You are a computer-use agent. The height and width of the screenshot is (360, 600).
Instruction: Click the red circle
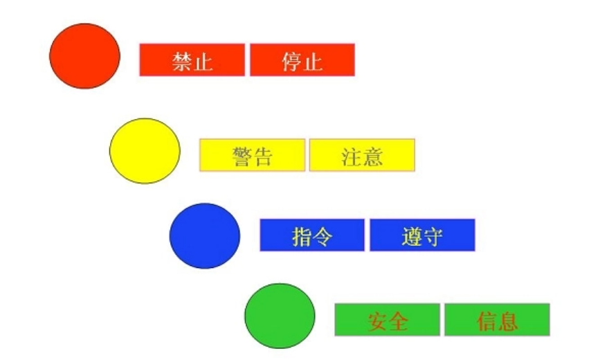(84, 56)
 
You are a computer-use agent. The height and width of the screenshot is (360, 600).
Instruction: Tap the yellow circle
(145, 151)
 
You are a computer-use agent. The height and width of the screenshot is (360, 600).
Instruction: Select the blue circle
(205, 235)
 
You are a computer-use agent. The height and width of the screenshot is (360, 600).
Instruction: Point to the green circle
(280, 316)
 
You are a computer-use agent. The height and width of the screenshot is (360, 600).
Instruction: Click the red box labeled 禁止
(192, 60)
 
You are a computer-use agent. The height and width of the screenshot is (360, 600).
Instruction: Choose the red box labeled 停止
(302, 60)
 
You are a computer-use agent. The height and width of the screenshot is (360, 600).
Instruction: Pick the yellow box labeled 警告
(252, 155)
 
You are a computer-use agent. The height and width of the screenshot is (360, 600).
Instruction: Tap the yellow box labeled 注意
(362, 155)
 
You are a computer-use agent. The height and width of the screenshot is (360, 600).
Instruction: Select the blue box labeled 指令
(312, 235)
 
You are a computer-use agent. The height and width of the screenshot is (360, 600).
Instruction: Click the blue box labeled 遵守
(422, 235)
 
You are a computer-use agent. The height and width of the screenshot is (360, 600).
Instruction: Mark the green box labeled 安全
(387, 320)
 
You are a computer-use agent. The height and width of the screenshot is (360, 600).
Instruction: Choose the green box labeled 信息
(497, 320)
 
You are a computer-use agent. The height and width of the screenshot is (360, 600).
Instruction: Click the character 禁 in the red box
(182, 61)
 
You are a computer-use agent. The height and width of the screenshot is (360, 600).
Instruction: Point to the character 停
(292, 61)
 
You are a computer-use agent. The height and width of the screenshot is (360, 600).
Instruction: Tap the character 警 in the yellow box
(242, 156)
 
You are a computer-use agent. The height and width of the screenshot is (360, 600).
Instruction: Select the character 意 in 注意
(372, 156)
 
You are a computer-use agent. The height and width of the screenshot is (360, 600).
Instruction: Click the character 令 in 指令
(322, 236)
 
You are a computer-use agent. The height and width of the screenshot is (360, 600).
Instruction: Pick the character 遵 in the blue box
(412, 236)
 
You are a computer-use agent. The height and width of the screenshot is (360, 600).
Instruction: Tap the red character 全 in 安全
(398, 321)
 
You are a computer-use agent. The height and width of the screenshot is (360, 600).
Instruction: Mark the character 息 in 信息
(507, 321)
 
